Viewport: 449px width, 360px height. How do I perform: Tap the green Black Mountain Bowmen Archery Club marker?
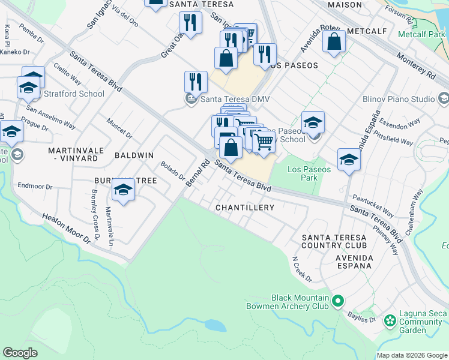pos(338,301)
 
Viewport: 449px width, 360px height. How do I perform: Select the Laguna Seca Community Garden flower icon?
pos(390,320)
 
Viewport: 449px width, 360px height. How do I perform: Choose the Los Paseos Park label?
pos(309,173)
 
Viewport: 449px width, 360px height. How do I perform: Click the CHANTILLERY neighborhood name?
pos(245,208)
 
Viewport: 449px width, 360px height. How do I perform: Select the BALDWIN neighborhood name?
pos(134,155)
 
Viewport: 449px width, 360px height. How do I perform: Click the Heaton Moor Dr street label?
pos(65,227)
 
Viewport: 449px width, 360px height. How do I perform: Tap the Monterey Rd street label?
pos(415,65)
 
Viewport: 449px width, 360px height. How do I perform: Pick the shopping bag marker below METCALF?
pos(334,42)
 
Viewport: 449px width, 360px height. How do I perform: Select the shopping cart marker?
pos(264,142)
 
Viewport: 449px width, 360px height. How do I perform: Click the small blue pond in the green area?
pos(215,326)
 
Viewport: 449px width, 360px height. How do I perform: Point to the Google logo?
pos(20,353)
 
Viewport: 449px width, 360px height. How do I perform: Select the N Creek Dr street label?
pos(303,270)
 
